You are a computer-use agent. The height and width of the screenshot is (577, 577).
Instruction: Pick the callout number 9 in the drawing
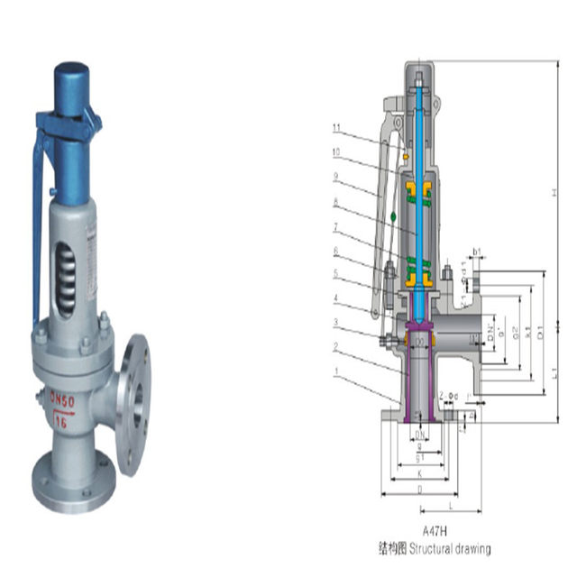(335, 176)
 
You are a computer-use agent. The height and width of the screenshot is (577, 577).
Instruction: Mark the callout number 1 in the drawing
(335, 371)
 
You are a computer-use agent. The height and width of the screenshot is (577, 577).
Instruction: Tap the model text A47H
(436, 531)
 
